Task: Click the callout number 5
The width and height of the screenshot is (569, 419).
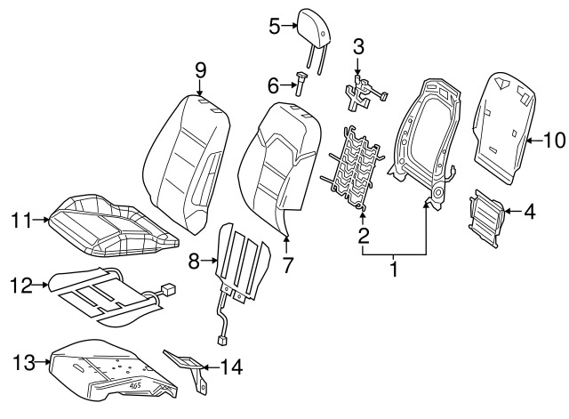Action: (x=275, y=27)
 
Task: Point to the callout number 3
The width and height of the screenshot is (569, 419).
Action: (x=357, y=45)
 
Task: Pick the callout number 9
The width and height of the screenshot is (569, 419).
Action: (x=200, y=68)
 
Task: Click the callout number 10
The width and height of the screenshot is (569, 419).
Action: (x=554, y=140)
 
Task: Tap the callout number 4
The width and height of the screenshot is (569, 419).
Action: (x=529, y=212)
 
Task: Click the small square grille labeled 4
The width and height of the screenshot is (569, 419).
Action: (x=485, y=212)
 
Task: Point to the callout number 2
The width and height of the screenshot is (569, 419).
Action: (x=363, y=236)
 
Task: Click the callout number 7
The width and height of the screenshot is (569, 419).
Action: (x=287, y=263)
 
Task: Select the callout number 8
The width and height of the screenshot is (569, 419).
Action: (x=194, y=261)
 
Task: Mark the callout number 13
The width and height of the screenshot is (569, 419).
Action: (x=22, y=361)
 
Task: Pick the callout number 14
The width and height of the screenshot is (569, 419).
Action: (x=231, y=366)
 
